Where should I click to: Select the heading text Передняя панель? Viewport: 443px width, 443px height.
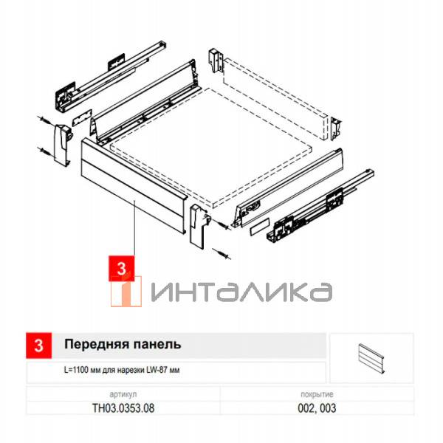[x=123, y=345]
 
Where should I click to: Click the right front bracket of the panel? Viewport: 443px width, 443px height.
[x=198, y=225]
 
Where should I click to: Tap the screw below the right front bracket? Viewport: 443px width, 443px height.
[x=221, y=253]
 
